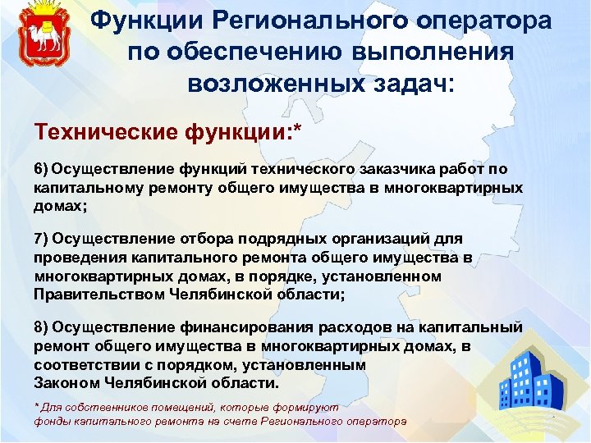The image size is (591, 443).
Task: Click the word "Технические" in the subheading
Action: tap(94, 131)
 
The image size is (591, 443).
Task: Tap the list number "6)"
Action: tap(42, 169)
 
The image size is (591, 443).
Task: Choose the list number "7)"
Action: tap(42, 239)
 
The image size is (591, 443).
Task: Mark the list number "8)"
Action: tap(42, 327)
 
